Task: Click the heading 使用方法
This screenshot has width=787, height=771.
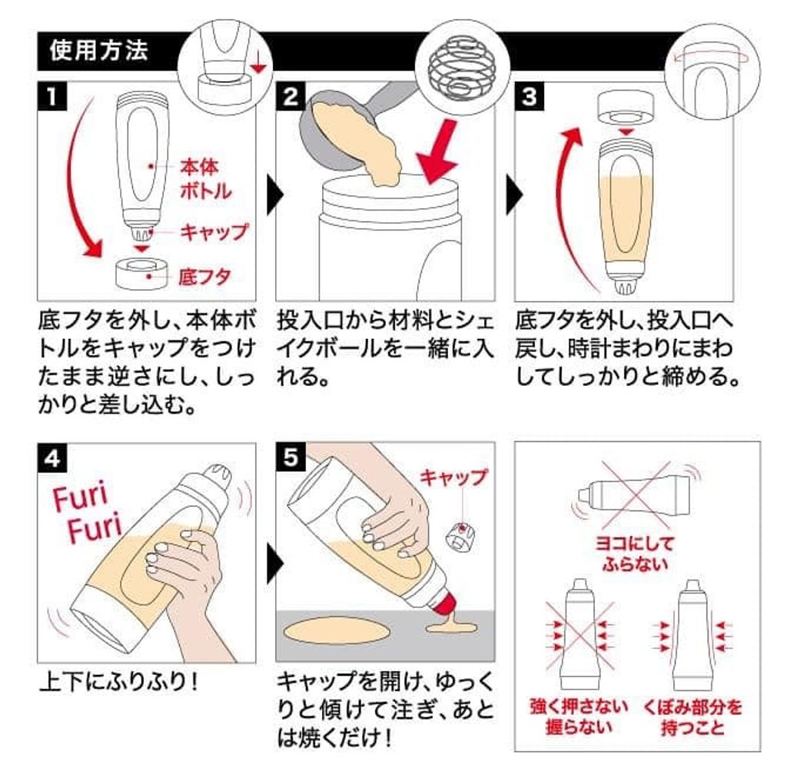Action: point(98,51)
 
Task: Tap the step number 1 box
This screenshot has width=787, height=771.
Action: point(52,97)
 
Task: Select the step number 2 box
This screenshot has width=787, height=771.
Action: point(291,97)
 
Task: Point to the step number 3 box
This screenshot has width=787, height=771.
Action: point(529,97)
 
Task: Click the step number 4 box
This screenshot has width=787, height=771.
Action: point(52,458)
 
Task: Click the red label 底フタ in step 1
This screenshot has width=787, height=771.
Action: point(204,277)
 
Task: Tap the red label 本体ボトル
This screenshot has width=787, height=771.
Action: point(206,178)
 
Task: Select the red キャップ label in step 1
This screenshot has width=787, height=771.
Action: point(214,232)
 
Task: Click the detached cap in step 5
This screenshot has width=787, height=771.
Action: point(460,537)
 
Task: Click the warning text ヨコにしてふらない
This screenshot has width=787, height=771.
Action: point(634,553)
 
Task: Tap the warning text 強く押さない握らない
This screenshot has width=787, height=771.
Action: point(579,716)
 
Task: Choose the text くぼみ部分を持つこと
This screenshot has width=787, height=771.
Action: point(692,716)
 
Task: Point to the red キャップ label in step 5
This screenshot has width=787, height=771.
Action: point(453,477)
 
